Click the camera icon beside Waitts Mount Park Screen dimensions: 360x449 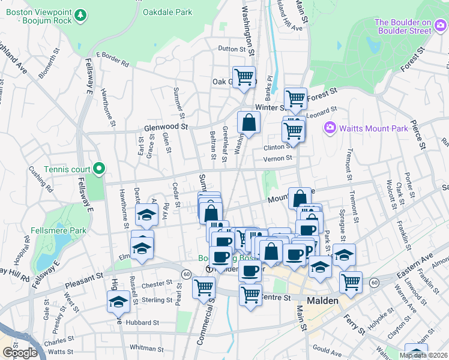(329, 127)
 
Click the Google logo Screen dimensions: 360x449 (20, 352)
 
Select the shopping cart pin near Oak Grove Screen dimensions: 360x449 (244, 77)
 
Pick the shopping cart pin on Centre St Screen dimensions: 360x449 (250, 295)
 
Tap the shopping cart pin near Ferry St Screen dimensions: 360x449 (351, 281)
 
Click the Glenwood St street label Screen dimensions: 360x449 (166, 127)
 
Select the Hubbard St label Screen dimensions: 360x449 (142, 322)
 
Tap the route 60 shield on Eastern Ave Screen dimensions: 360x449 (375, 282)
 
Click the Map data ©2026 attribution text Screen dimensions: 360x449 (424, 355)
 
